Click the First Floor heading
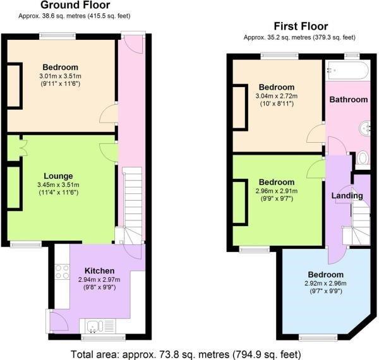coord(300,27)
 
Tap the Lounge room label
coord(58,176)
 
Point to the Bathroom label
coord(349,99)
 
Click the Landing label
coord(347,195)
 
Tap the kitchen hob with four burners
coord(63,272)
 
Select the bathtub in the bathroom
coord(347,70)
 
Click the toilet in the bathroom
coord(363,157)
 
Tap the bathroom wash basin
coord(364,129)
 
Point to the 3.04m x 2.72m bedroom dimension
coord(277,96)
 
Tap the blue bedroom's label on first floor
coord(326,275)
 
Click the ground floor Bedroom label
coord(61,68)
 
